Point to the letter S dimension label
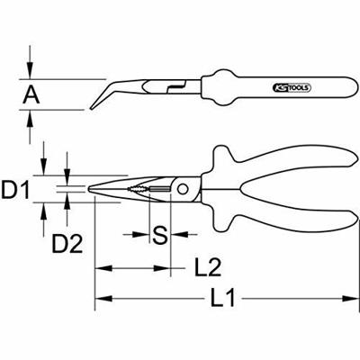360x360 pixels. click(158, 236)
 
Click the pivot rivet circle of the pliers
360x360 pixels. click(184, 189)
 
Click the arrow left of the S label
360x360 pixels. click(143, 236)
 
